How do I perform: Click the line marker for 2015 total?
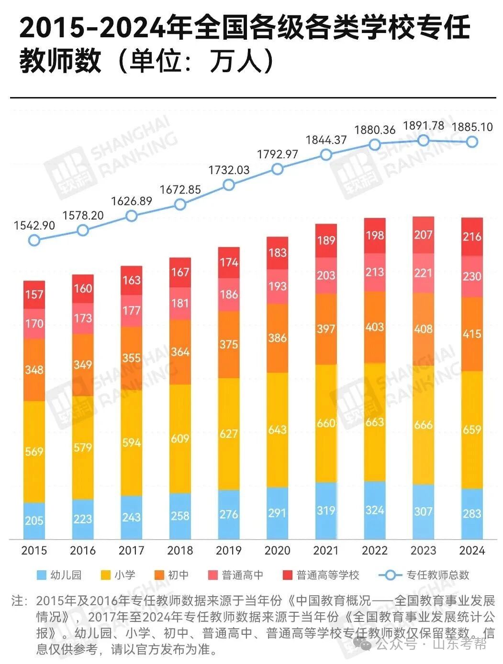(x=34, y=239)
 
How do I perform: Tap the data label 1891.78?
(x=424, y=126)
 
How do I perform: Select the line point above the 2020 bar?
(x=277, y=169)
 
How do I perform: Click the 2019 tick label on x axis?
(x=228, y=550)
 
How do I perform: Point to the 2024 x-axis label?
(x=472, y=550)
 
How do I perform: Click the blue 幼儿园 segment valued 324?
(x=375, y=510)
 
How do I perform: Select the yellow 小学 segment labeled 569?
(x=34, y=451)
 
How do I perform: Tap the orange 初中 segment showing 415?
(x=472, y=334)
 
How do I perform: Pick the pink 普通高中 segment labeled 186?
(x=229, y=294)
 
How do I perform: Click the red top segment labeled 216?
(x=472, y=237)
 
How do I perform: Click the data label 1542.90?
(x=34, y=226)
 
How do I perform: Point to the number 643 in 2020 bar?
(x=277, y=430)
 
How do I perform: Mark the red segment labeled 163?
(x=132, y=280)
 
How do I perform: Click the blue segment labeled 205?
(x=34, y=521)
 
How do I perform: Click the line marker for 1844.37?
(x=326, y=155)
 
